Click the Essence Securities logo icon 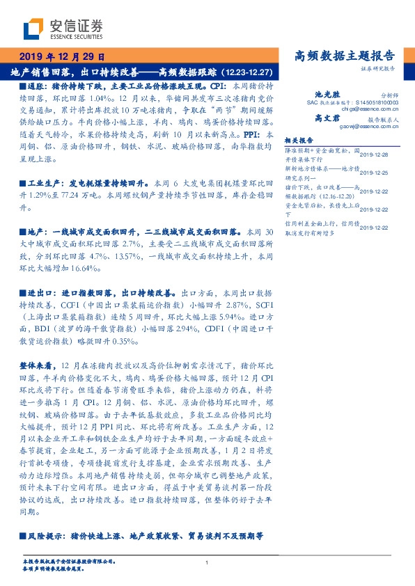pos(33,30)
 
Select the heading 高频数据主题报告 pos(345,56)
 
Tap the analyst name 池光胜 pos(327,94)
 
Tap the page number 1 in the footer pos(207,562)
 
